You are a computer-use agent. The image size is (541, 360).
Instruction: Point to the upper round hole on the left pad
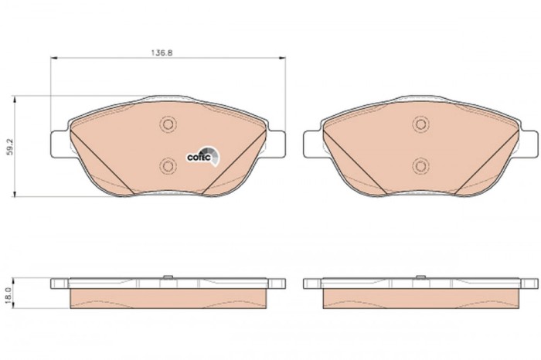pos(168,124)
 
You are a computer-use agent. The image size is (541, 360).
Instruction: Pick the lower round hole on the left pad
pos(168,165)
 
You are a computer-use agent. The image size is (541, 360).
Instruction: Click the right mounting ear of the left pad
pos(277,143)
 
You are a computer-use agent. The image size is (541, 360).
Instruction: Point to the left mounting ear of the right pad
pos(312,143)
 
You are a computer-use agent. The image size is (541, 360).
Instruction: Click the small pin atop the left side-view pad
pos(168,274)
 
